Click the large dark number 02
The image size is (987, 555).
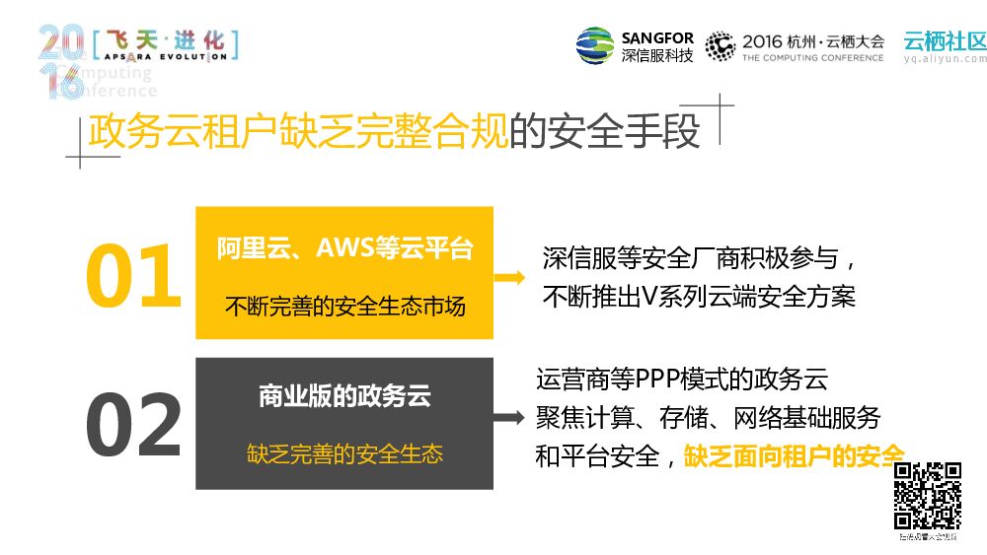tap(133, 426)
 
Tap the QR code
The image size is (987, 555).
tap(927, 496)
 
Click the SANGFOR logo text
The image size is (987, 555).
tap(657, 38)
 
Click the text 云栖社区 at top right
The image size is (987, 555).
tap(945, 40)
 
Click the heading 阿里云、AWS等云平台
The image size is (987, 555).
tap(344, 248)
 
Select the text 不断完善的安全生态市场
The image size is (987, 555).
tap(344, 305)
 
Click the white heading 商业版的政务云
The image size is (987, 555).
tap(344, 396)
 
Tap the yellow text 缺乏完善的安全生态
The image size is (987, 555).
tap(344, 453)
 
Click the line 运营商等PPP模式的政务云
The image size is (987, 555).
tap(681, 379)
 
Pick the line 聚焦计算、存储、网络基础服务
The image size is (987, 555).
tap(708, 417)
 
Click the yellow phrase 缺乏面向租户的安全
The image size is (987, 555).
tap(794, 455)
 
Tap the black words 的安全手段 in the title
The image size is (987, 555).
tap(604, 132)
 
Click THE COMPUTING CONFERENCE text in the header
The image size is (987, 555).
tap(812, 58)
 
